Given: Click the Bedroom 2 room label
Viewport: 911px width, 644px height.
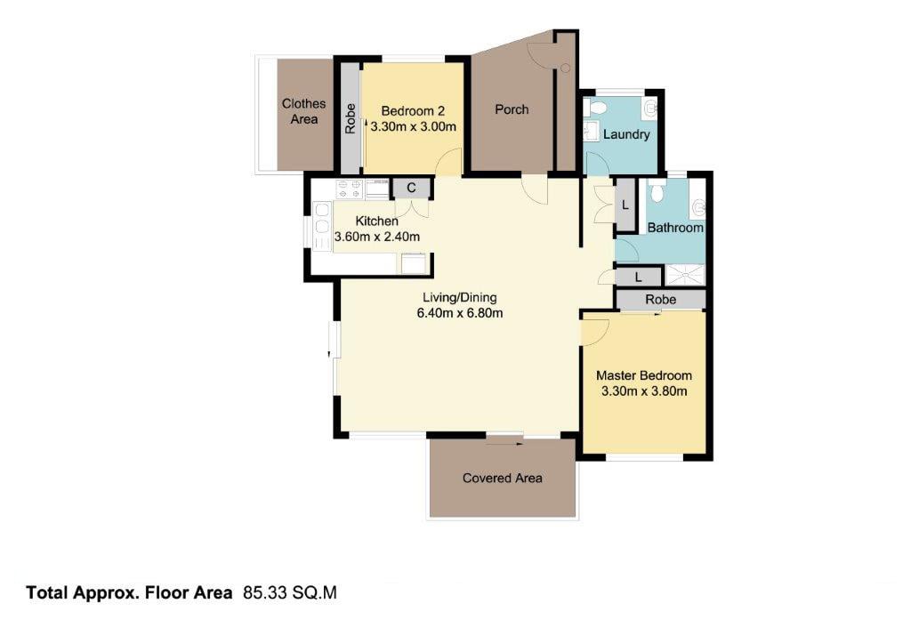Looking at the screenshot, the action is tap(413, 111).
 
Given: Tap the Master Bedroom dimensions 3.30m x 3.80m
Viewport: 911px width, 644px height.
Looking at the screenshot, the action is tap(644, 391).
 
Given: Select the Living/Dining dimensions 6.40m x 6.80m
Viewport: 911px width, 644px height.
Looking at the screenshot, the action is tap(460, 314).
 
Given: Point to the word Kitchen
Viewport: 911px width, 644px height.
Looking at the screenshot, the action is tap(376, 221).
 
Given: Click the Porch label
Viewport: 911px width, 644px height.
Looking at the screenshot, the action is tap(512, 109).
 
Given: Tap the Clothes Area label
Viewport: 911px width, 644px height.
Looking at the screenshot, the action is tap(304, 111).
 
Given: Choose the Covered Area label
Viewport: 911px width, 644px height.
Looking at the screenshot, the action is tap(503, 478).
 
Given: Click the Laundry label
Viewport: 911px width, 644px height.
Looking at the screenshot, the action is tap(626, 134).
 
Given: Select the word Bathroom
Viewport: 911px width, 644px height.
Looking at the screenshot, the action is tap(675, 228).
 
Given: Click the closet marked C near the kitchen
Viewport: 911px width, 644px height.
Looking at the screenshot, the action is tap(411, 189).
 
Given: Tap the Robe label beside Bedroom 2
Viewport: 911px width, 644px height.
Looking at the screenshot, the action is tap(350, 118).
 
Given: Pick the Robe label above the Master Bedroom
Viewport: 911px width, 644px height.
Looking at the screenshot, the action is tap(661, 300).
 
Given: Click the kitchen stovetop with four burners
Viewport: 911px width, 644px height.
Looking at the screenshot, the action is tap(350, 189).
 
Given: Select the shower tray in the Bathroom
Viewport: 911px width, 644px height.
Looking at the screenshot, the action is tap(684, 275).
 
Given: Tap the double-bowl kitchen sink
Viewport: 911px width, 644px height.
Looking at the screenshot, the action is tap(322, 227).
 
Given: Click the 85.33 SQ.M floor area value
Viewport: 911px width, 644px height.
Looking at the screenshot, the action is tap(290, 593).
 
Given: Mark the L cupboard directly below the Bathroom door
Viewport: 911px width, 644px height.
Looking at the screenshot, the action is tap(638, 277).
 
